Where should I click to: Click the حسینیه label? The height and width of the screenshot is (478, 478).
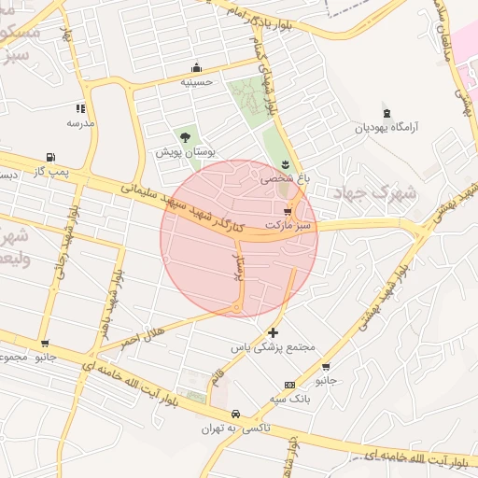[197, 81]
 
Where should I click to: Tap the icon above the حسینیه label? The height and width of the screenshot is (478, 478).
[196, 67]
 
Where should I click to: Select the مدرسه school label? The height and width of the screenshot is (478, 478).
[80, 122]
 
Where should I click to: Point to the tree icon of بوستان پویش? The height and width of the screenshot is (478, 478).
[185, 136]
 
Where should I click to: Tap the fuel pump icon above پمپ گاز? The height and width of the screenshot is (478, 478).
[49, 157]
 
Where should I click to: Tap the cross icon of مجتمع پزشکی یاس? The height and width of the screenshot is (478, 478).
[273, 331]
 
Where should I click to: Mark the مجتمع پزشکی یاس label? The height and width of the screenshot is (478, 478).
[274, 346]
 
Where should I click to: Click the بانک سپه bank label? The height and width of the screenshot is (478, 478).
[289, 399]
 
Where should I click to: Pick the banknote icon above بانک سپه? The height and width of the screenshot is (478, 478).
[289, 385]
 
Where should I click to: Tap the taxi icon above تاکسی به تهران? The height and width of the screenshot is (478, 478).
[235, 415]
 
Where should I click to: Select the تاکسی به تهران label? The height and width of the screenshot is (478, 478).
[236, 429]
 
